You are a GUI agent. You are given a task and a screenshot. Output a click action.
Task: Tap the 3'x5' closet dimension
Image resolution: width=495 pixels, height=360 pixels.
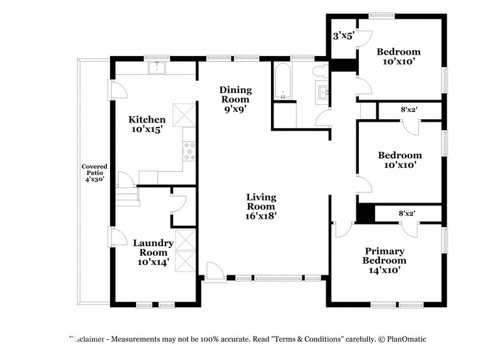click(x=343, y=36)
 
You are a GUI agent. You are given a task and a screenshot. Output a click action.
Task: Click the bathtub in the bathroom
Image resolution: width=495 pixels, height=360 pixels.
click(x=283, y=82)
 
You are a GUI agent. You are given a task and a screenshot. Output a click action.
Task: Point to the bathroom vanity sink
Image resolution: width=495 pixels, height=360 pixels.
click(x=323, y=92)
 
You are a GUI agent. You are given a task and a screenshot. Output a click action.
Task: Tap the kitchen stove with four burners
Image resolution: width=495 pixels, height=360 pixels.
click(x=189, y=152)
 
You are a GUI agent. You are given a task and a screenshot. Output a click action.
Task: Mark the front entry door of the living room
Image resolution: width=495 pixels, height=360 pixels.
click(x=213, y=271)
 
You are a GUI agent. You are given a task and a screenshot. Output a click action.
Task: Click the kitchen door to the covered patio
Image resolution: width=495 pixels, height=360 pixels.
click(x=117, y=90)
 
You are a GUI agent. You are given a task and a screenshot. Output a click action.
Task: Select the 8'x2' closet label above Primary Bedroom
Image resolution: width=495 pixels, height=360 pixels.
click(x=407, y=213)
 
